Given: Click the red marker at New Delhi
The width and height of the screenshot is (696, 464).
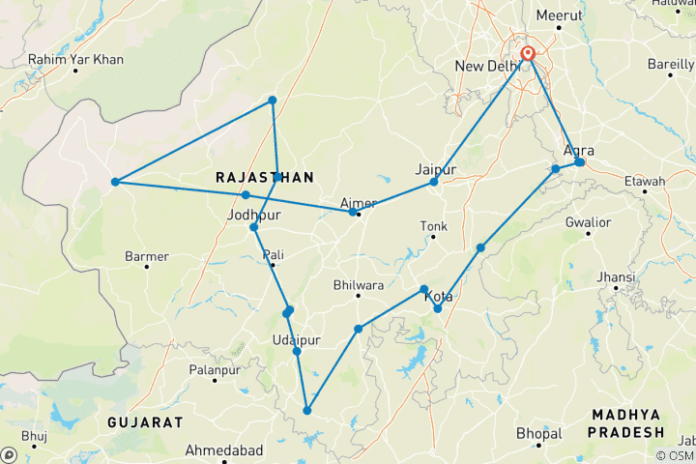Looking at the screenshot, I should coord(528,54).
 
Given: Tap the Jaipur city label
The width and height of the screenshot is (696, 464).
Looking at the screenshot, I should coord(434,169).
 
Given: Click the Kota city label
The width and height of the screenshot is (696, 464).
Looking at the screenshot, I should coord(437,297).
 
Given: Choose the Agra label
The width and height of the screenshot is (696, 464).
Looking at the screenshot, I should coord(578,150).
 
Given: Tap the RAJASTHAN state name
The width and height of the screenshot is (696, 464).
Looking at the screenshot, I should coord(264,178).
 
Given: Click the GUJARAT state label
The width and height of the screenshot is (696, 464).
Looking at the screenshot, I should coord(145,422).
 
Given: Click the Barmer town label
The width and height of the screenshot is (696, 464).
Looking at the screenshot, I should coord(147,256).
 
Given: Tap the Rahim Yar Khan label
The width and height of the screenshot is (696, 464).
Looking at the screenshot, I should coord(76,60).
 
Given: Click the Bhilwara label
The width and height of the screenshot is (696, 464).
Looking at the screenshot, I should coord(358,285).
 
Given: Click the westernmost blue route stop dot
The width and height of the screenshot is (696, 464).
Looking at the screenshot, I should coord(115,182).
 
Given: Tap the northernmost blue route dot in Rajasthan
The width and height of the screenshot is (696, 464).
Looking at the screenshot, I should coord(273,101).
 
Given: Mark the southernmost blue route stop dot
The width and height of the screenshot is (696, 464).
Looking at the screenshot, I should coord(307,411).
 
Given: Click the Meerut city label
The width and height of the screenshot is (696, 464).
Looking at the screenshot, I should coord(561,16).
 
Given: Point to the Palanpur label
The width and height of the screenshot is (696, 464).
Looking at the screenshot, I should coord(215,369).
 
